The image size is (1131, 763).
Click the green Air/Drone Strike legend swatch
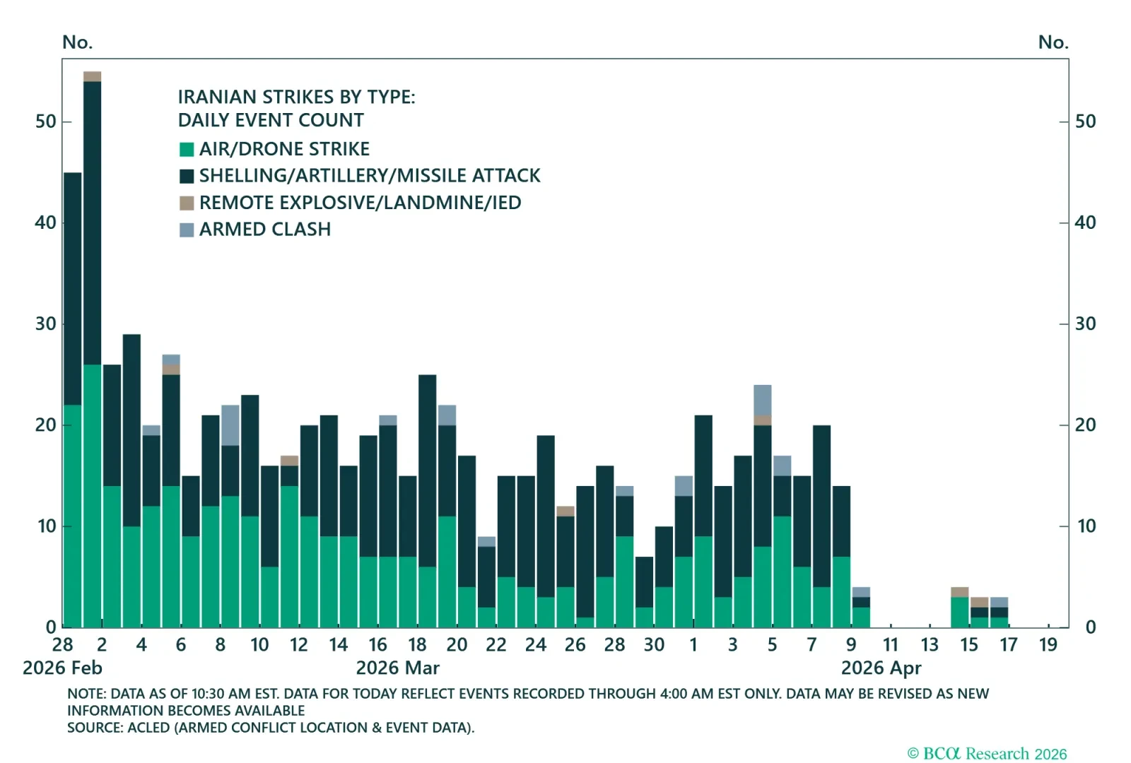tap(187, 149)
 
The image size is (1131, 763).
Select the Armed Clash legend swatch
tap(187, 230)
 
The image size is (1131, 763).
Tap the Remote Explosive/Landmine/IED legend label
tap(360, 203)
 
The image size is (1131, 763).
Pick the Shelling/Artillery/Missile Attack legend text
tap(369, 176)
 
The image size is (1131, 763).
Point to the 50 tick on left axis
tap(45, 122)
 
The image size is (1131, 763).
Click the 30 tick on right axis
tap(1085, 324)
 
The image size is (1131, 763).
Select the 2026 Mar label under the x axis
tap(397, 668)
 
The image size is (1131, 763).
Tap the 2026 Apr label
tap(881, 668)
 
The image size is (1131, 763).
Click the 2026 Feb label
tap(62, 668)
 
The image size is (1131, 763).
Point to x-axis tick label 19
tap(1048, 644)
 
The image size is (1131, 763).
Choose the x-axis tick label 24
tap(535, 644)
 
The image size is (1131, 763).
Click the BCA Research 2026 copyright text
tap(987, 753)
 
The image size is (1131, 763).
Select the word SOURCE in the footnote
tap(94, 728)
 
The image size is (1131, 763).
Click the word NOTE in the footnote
tap(85, 694)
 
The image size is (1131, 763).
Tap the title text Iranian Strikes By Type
tap(296, 97)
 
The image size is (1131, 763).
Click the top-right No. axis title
tap(1053, 42)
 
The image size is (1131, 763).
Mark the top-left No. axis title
tap(77, 42)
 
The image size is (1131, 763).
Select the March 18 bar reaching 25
tap(427, 502)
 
